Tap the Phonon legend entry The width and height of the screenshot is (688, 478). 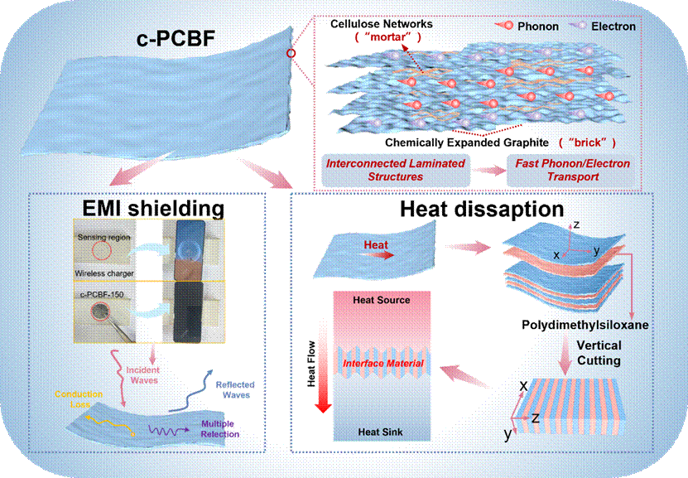tap(536, 26)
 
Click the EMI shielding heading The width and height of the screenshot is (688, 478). tap(145, 209)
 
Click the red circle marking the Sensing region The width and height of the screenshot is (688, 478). tap(102, 249)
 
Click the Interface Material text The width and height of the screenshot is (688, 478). tap(382, 363)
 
